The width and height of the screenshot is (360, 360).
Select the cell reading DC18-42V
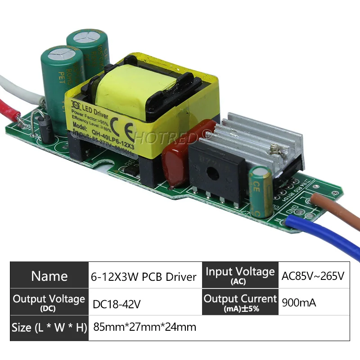(x=117, y=304)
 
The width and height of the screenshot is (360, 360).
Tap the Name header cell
(x=49, y=276)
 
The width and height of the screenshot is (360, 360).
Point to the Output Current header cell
(x=240, y=302)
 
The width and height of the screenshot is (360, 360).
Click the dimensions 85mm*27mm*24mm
(x=144, y=327)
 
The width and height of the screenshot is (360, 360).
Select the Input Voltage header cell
(x=240, y=275)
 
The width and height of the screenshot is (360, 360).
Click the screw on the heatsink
(x=273, y=147)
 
